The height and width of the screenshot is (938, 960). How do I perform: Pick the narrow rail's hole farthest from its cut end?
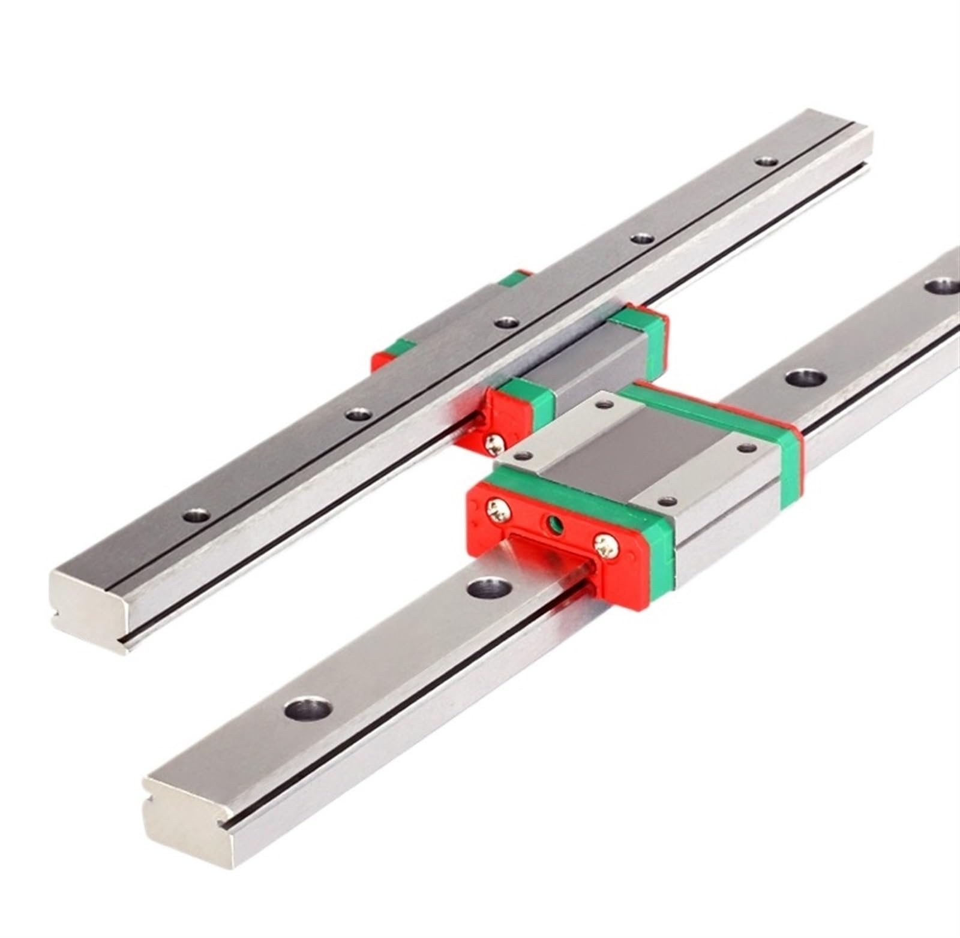765,161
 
